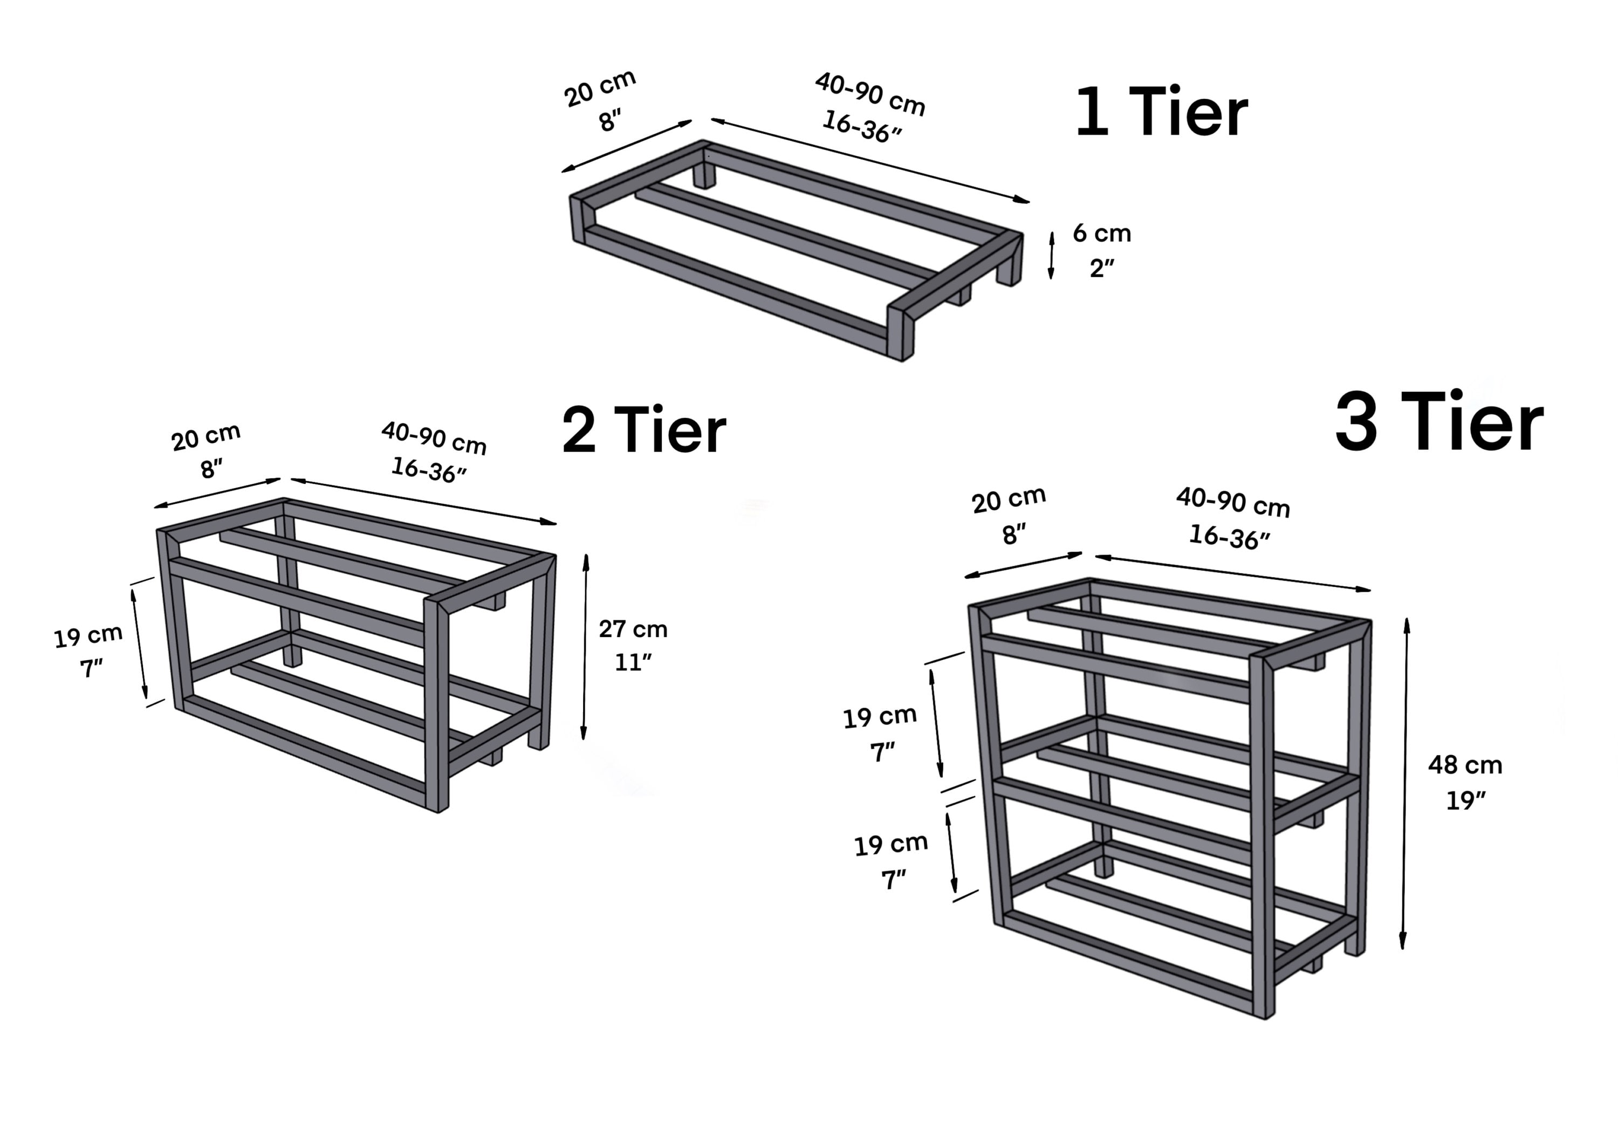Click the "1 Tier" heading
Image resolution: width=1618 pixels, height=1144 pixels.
pos(1161,113)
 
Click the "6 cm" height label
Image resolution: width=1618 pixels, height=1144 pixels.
pos(1101,234)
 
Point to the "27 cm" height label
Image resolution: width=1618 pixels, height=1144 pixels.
pos(633,629)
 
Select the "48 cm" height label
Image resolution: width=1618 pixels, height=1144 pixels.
pos(1465,765)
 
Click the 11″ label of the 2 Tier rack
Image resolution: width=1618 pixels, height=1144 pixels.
pos(633,662)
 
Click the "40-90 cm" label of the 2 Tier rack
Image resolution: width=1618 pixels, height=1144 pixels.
pos(434,438)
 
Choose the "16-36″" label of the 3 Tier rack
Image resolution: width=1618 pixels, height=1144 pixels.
pos(1229,537)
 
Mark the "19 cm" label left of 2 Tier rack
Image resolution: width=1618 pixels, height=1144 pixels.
pos(88,636)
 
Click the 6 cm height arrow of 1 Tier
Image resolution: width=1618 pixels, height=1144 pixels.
pos(1051,255)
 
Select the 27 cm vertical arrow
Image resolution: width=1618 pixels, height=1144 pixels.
pos(585,647)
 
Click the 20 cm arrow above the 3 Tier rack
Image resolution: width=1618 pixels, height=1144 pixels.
pos(1023,565)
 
